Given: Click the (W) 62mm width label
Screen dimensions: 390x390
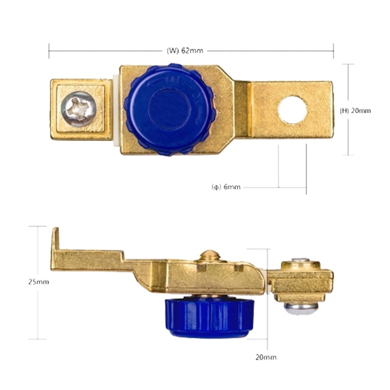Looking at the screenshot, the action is (185, 51).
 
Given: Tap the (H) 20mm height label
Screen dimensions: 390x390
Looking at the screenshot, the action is (355, 110).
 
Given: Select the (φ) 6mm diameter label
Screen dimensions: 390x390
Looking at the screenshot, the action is (226, 186).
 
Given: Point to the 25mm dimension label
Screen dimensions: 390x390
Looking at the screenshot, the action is (38, 282).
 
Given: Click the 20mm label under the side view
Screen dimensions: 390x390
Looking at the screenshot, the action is (266, 357).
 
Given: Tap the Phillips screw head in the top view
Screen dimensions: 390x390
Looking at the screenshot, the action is (79, 109).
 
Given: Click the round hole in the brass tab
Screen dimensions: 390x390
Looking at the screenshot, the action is (292, 110).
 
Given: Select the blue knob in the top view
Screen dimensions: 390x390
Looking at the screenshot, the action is (170, 110).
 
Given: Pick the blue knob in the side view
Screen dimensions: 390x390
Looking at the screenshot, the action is (210, 317).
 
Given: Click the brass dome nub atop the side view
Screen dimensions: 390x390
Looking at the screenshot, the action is (210, 255).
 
